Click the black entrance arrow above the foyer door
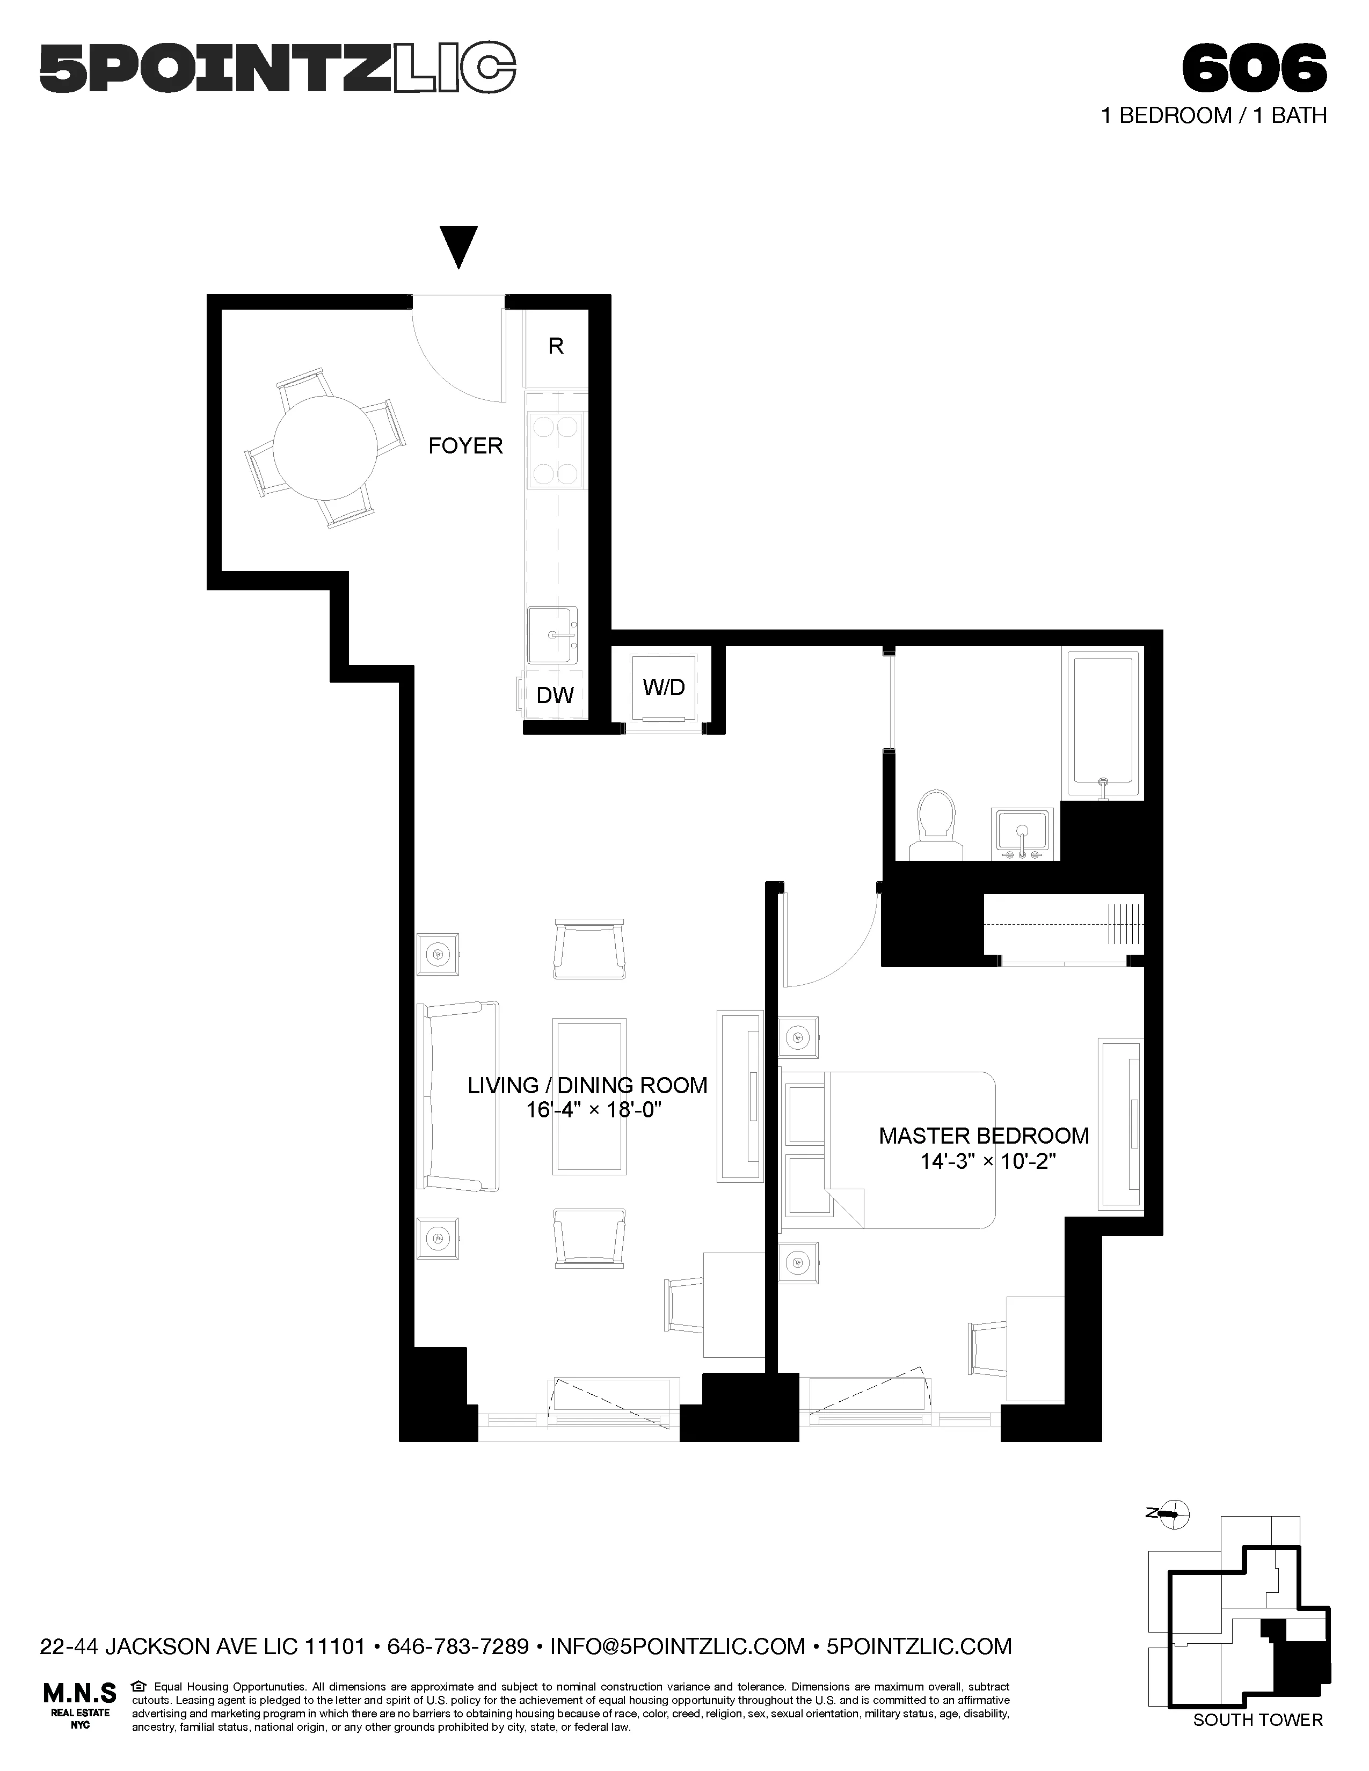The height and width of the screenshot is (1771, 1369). [x=459, y=246]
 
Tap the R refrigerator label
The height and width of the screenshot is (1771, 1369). [x=556, y=346]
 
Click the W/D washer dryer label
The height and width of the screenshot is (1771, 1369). [x=664, y=687]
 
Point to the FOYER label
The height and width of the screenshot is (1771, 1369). [x=465, y=446]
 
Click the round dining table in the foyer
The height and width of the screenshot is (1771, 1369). [x=325, y=447]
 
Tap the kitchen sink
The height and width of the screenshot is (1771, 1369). [x=553, y=635]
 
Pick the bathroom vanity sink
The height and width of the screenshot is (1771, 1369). [x=1023, y=833]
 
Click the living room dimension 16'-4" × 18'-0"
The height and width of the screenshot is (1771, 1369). [x=594, y=1109]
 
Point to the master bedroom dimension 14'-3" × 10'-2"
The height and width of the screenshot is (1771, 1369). [x=987, y=1161]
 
